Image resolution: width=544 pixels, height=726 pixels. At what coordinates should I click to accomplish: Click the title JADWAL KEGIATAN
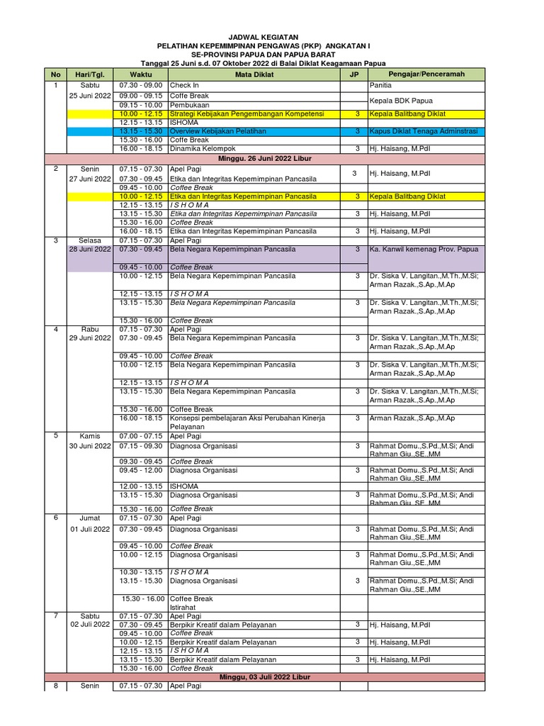(x=263, y=37)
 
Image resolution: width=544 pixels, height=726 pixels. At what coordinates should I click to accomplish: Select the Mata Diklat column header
(x=254, y=74)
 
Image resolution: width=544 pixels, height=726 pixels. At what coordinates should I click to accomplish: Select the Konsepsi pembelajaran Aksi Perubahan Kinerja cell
(x=247, y=418)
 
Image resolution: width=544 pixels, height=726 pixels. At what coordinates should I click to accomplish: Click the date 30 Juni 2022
(x=90, y=446)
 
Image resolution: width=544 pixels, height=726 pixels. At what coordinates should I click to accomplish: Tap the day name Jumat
(x=90, y=518)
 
